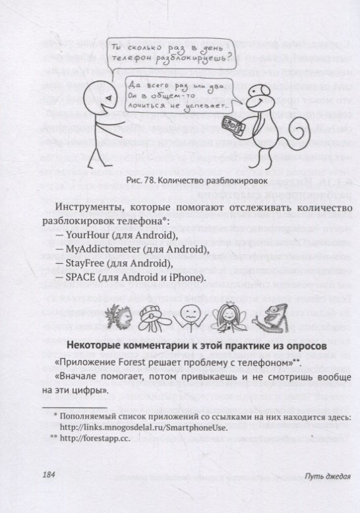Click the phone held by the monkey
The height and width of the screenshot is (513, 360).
click(230, 125)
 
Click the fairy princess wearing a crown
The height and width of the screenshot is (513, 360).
click(229, 319)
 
